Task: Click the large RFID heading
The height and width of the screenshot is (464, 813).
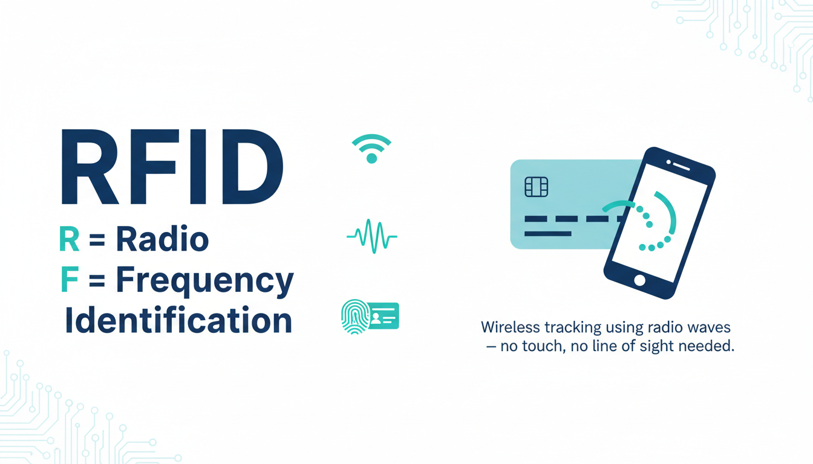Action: (172, 167)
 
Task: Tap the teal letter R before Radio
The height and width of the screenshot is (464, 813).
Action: (69, 239)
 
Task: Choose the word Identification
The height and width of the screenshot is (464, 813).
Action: (178, 320)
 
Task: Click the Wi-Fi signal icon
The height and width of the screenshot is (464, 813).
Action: (371, 149)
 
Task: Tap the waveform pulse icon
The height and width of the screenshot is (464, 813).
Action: (372, 236)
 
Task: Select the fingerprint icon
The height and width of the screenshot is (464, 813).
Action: (355, 317)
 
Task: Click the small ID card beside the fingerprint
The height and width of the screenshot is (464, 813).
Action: (384, 316)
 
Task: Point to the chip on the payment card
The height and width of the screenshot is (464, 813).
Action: (537, 187)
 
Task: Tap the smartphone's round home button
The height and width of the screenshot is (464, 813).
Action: (639, 280)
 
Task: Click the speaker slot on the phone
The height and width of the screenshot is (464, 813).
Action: (681, 166)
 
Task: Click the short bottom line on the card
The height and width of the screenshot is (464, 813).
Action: (548, 234)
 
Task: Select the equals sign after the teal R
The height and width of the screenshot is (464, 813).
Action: (97, 239)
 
